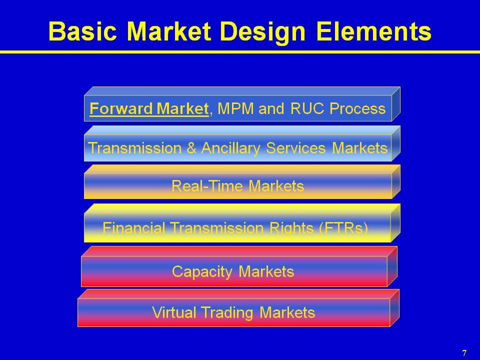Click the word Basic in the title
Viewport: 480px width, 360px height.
[x=82, y=31]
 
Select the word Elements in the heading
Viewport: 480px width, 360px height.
[x=373, y=31]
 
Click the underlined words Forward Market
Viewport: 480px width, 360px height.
[x=149, y=108]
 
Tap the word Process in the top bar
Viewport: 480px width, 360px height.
[x=357, y=108]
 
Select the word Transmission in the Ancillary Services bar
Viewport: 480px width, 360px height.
[x=135, y=148]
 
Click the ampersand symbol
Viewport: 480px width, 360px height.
[x=191, y=148]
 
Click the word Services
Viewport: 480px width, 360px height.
[x=295, y=148]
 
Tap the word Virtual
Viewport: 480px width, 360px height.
[x=174, y=312]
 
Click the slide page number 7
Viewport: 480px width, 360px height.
[x=464, y=353]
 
